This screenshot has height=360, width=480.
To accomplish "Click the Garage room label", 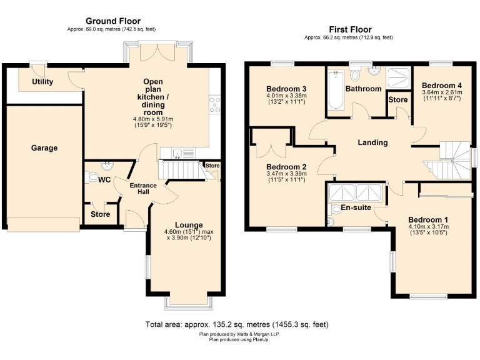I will coord(44,148).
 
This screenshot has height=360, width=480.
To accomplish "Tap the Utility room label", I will coord(43,82).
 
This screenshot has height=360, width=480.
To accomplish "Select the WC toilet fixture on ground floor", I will coord(92,177).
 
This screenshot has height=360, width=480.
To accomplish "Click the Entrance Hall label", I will coord(142,188).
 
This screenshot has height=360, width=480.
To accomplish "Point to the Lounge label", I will coord(188,225).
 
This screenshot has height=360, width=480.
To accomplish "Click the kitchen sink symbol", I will coord(177,152).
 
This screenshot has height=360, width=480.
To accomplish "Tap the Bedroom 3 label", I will coord(286,88).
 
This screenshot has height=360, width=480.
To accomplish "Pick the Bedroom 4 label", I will coord(441,85).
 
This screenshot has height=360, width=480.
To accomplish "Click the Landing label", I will coord(372,142).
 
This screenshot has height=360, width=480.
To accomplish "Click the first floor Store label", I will coord(398,100).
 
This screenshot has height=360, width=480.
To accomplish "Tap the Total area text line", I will coord(237,324).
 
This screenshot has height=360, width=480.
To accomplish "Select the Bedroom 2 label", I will coord(286,167).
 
